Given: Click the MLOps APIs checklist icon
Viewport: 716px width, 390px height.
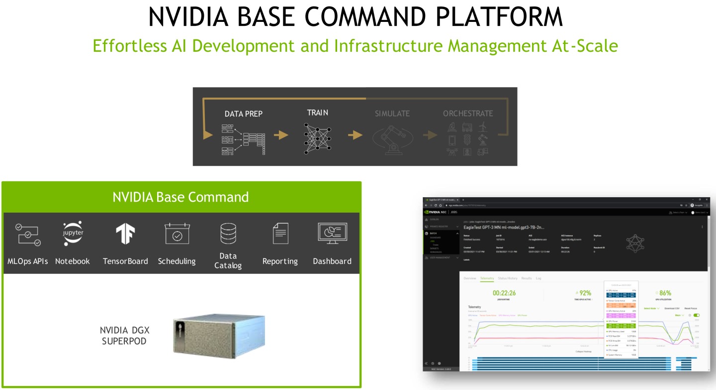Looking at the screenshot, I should pos(28,235).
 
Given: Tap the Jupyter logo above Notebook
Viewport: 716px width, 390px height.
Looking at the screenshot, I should pos(73,234).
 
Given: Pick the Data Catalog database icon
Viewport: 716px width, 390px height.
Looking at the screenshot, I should pos(228,234).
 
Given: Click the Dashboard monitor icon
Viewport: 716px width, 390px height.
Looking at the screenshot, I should pos(332,234).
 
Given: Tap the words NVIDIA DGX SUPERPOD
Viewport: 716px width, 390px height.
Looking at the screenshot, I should pos(124,335).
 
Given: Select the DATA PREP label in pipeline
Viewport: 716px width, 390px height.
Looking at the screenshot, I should pos(243,114).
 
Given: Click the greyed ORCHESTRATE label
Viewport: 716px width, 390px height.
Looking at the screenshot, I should pos(468,114).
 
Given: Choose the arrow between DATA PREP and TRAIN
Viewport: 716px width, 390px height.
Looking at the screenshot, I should pos(281,135).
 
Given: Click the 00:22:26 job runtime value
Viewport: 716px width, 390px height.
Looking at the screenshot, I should pos(504,293).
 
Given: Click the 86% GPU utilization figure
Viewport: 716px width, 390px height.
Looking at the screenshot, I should pos(665,293).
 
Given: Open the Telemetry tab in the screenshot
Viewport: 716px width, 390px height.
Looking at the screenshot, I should pos(487,278).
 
